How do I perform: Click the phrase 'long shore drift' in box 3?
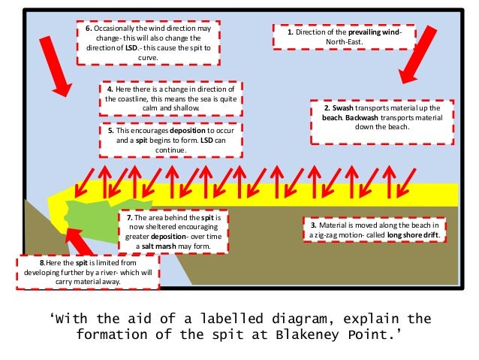[x=414, y=234]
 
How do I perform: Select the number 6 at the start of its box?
[x=88, y=29]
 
